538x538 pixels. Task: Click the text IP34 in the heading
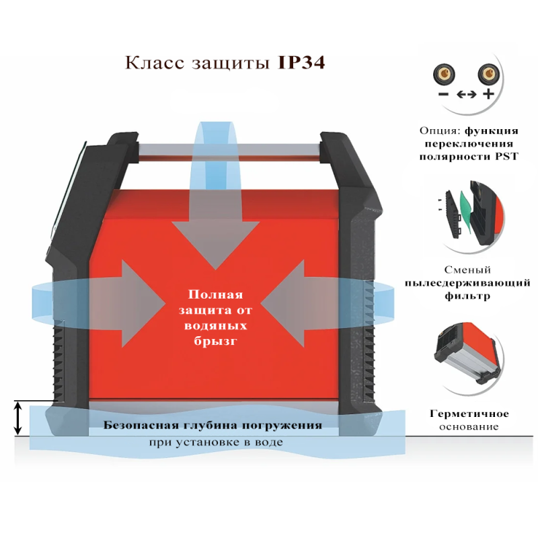[x=301, y=63]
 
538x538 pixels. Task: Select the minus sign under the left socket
[x=443, y=95]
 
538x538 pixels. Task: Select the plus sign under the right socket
[x=488, y=94]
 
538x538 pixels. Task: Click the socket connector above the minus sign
[x=443, y=73]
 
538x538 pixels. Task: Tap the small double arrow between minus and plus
[x=465, y=95]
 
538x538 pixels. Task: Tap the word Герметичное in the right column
[x=469, y=414]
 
